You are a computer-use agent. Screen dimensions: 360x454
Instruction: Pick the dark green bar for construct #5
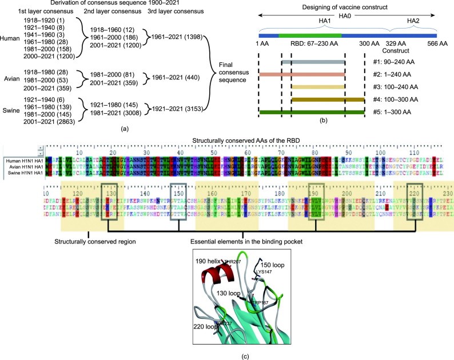312,112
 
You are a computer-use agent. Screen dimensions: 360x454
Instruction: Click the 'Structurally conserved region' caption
88,241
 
